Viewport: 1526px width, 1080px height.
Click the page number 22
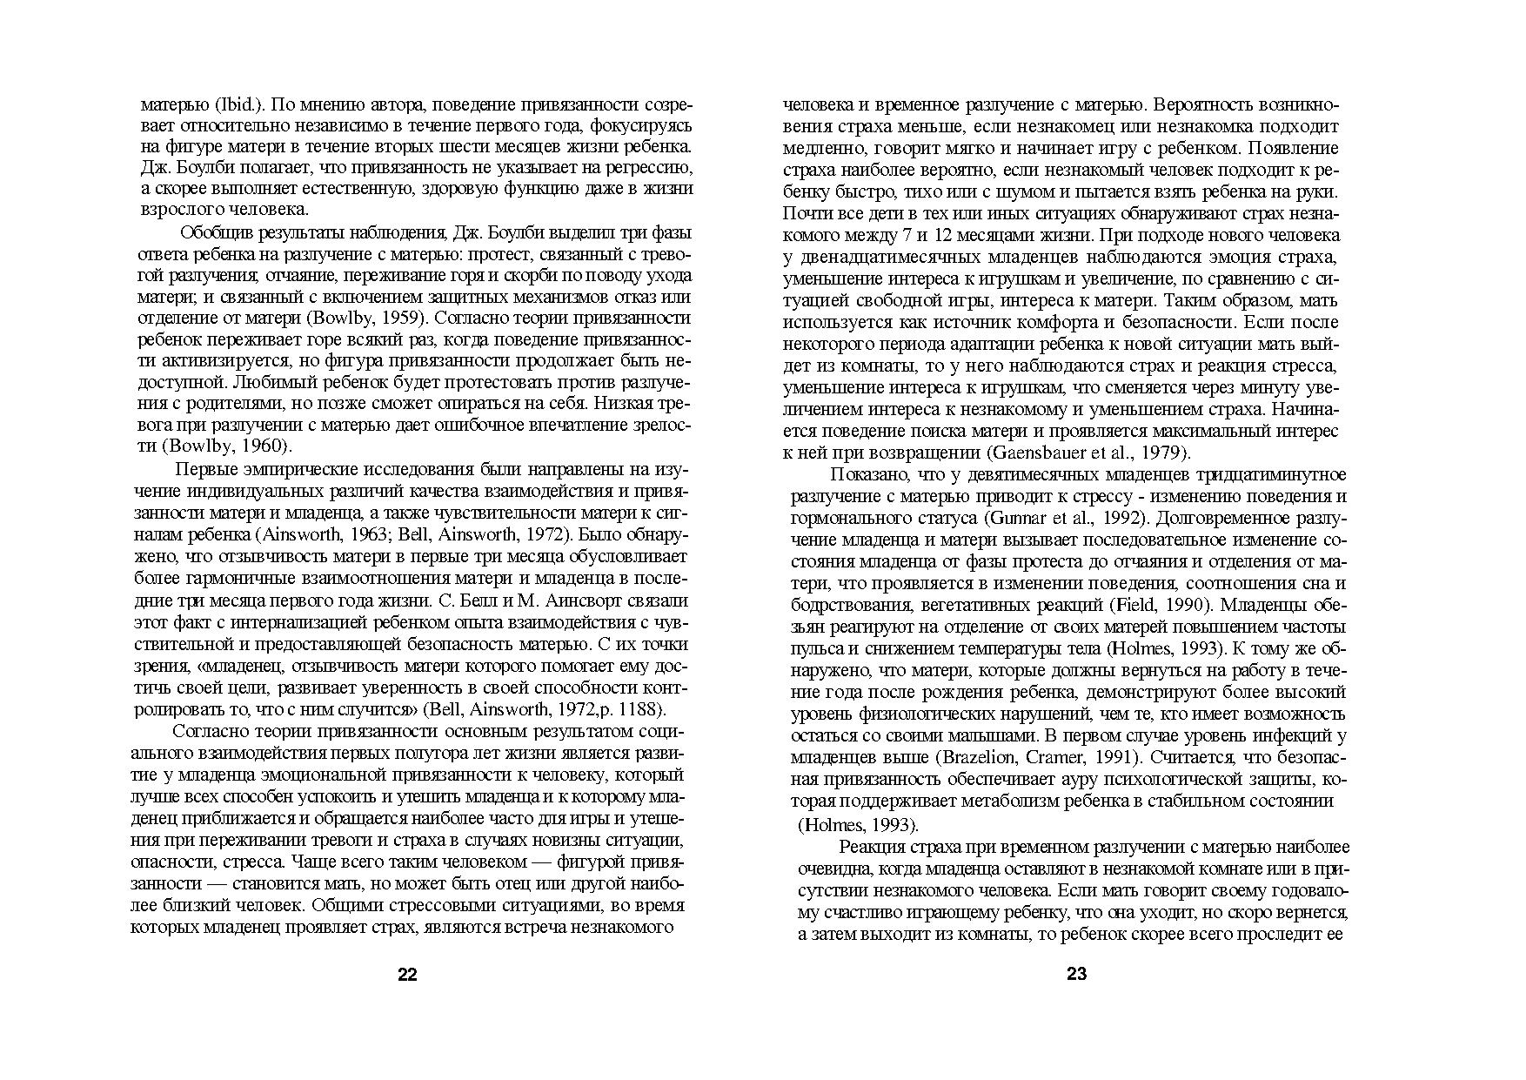407,975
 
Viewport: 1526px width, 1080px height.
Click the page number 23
1076,975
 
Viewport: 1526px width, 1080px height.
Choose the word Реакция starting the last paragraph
873,848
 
